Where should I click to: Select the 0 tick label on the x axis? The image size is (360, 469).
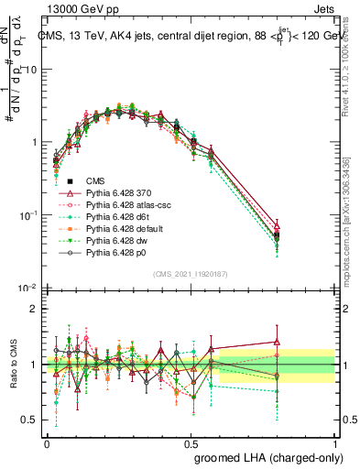(x=48, y=442)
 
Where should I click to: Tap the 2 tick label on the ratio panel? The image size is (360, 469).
(x=34, y=309)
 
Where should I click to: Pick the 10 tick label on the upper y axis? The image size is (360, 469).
(x=31, y=71)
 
